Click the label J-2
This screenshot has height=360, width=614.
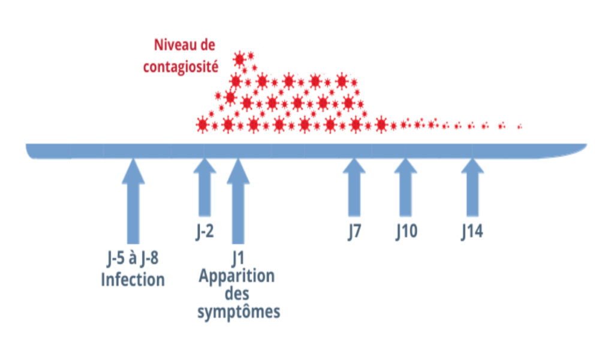click(204, 232)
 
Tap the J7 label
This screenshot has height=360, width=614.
click(354, 232)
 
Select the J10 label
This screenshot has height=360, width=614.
click(406, 232)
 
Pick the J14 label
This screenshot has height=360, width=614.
click(472, 232)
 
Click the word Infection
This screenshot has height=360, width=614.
click(133, 280)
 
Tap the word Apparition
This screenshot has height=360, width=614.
click(237, 277)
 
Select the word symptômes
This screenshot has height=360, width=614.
click(238, 313)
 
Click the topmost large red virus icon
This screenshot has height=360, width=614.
click(240, 59)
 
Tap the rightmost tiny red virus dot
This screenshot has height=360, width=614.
click(519, 127)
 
